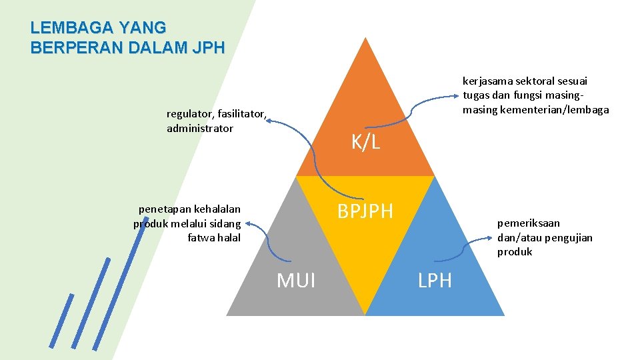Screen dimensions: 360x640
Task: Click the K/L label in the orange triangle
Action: pyautogui.click(x=365, y=141)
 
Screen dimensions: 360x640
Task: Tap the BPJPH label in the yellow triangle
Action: pyautogui.click(x=365, y=212)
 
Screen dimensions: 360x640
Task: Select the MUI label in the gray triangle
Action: pyautogui.click(x=296, y=281)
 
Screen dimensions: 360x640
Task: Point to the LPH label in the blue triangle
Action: pyautogui.click(x=435, y=281)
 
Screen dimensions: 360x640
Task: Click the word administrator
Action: pyautogui.click(x=200, y=128)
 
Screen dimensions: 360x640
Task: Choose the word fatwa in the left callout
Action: pyautogui.click(x=201, y=237)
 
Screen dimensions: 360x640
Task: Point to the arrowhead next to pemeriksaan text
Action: pyautogui.click(x=491, y=245)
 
